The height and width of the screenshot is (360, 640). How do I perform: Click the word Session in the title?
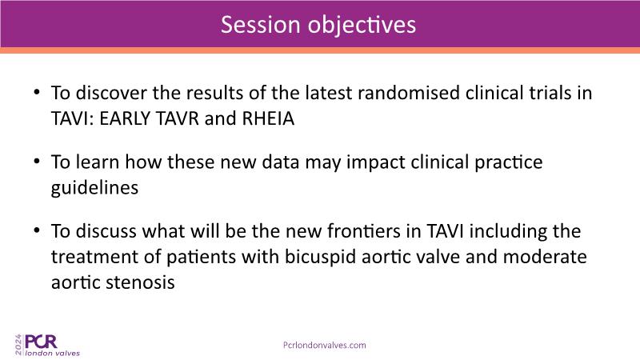[261, 25]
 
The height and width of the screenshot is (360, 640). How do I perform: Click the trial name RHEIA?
[268, 118]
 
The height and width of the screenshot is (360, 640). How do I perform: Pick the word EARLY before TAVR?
[125, 118]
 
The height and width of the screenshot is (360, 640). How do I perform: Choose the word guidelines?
[94, 188]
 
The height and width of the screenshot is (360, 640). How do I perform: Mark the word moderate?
[545, 257]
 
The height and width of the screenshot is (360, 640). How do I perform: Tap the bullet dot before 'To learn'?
[37, 162]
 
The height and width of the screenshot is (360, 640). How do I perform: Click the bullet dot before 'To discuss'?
[37, 230]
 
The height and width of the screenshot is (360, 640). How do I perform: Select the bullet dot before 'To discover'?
[37, 92]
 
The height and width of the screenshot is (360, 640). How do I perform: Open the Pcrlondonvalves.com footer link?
[325, 346]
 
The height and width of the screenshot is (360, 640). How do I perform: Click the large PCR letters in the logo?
[41, 342]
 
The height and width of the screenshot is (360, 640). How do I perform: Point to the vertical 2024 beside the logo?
[18, 346]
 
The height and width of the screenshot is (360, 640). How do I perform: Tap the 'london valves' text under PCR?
[52, 353]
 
